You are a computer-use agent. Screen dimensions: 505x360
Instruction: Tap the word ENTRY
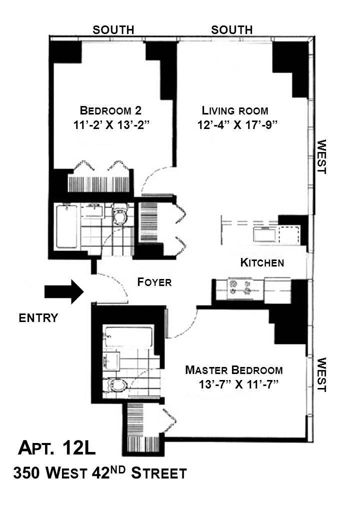[38, 318]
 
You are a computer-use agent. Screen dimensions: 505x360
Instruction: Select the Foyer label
[154, 282]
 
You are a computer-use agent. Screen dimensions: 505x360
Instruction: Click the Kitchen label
[262, 262]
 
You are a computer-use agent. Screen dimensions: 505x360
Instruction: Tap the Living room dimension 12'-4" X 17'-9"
[237, 125]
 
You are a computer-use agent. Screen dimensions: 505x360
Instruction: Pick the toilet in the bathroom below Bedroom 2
[120, 215]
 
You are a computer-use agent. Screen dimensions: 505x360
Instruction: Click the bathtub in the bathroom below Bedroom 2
[67, 226]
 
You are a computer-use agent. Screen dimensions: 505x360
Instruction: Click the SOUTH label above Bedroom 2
[113, 30]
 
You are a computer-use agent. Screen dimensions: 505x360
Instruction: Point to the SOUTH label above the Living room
[231, 30]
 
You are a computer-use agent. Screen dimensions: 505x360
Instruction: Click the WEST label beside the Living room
[321, 156]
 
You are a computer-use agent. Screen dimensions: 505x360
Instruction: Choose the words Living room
[235, 110]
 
